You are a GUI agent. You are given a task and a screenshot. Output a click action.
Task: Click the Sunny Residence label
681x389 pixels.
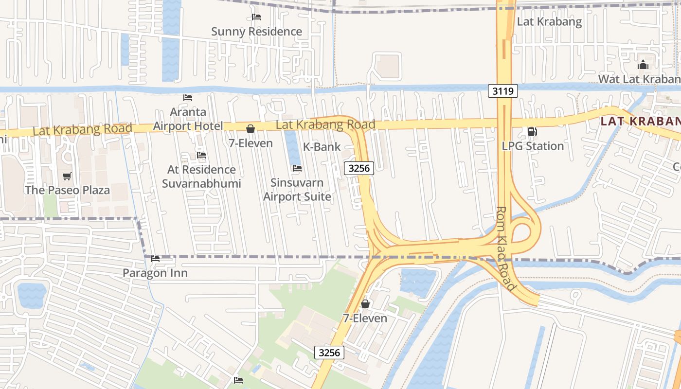coord(256,32)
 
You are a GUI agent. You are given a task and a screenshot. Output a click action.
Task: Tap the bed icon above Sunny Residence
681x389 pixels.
coord(256,17)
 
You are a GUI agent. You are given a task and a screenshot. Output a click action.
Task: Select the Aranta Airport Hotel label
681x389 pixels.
coord(188,119)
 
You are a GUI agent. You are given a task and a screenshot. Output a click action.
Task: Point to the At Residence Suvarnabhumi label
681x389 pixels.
coord(201,177)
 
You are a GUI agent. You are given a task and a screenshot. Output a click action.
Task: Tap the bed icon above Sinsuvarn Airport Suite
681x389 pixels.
coord(297,168)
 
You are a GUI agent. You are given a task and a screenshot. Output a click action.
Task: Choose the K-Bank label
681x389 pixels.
coord(322,146)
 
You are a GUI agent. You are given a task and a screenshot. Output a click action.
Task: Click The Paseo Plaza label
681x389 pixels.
coord(67,190)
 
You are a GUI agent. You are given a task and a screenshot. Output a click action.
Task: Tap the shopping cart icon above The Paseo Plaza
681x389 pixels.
coord(67,176)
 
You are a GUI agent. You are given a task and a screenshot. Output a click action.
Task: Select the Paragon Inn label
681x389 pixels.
coord(155,273)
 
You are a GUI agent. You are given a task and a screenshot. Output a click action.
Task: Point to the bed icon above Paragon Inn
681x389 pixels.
coord(155,259)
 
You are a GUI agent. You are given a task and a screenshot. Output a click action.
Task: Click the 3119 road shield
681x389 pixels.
coord(503,91)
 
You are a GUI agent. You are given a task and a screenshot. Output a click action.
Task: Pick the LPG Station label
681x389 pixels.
coord(533,146)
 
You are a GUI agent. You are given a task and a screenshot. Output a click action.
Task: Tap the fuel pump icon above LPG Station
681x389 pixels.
coord(533,132)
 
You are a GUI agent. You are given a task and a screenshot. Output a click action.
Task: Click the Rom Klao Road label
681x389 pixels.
coord(505,248)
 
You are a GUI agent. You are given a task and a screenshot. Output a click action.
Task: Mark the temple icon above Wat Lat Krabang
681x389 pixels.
coord(643,65)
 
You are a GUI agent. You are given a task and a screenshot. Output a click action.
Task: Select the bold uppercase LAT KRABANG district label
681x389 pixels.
coord(640,121)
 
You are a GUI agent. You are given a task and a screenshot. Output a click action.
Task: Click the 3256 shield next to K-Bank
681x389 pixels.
coord(358,168)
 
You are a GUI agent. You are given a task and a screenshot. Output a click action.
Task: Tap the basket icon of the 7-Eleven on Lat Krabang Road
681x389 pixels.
coord(251,129)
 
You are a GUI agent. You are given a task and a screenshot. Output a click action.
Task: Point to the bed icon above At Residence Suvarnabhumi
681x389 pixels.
coord(201,155)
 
